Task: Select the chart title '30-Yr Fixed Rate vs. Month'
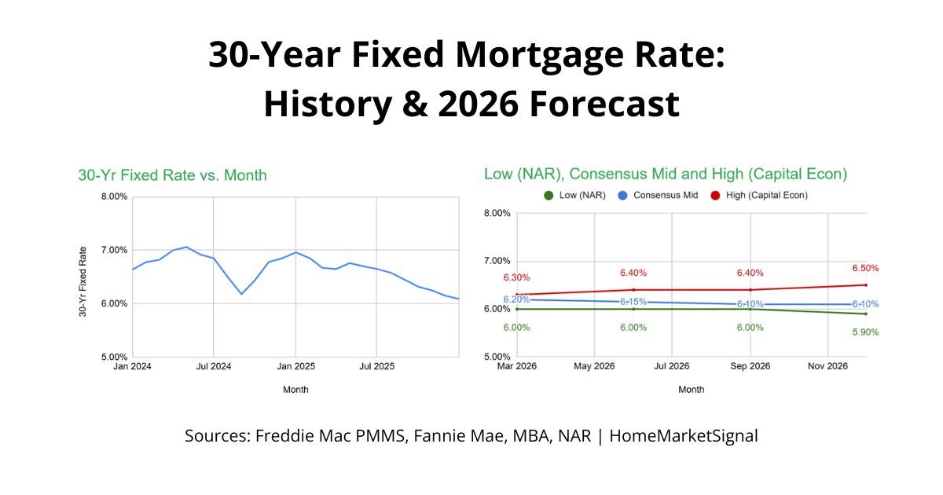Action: (x=172, y=175)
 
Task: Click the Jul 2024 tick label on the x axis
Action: (x=213, y=366)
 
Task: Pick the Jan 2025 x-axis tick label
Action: (x=295, y=366)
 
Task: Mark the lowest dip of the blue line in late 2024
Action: (x=241, y=294)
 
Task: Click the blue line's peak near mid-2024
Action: (x=186, y=247)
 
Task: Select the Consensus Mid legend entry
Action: (x=659, y=195)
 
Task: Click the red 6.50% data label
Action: (x=864, y=269)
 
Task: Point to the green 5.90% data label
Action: (x=864, y=332)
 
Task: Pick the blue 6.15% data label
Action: (x=633, y=302)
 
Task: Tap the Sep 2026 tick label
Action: (x=750, y=366)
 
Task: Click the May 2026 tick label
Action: (x=594, y=366)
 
